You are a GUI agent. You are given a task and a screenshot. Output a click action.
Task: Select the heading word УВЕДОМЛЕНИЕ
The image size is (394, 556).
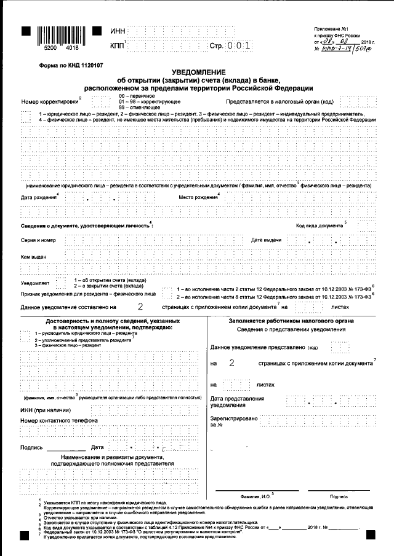click(199, 72)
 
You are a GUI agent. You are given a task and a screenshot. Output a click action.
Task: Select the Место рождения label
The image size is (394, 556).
click(199, 197)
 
